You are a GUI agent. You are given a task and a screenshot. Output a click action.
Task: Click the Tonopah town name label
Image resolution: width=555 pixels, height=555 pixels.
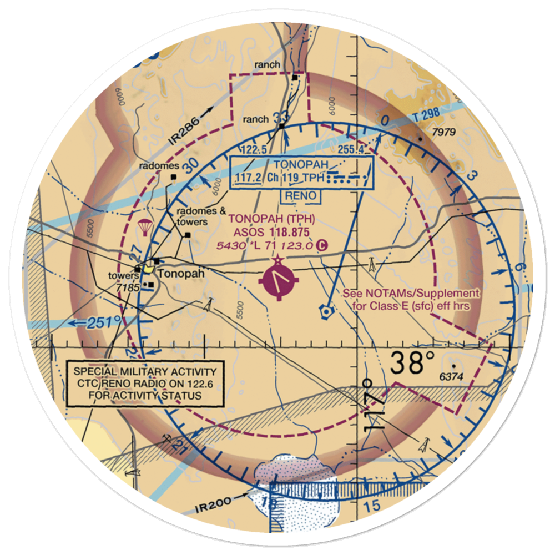point(181,274)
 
